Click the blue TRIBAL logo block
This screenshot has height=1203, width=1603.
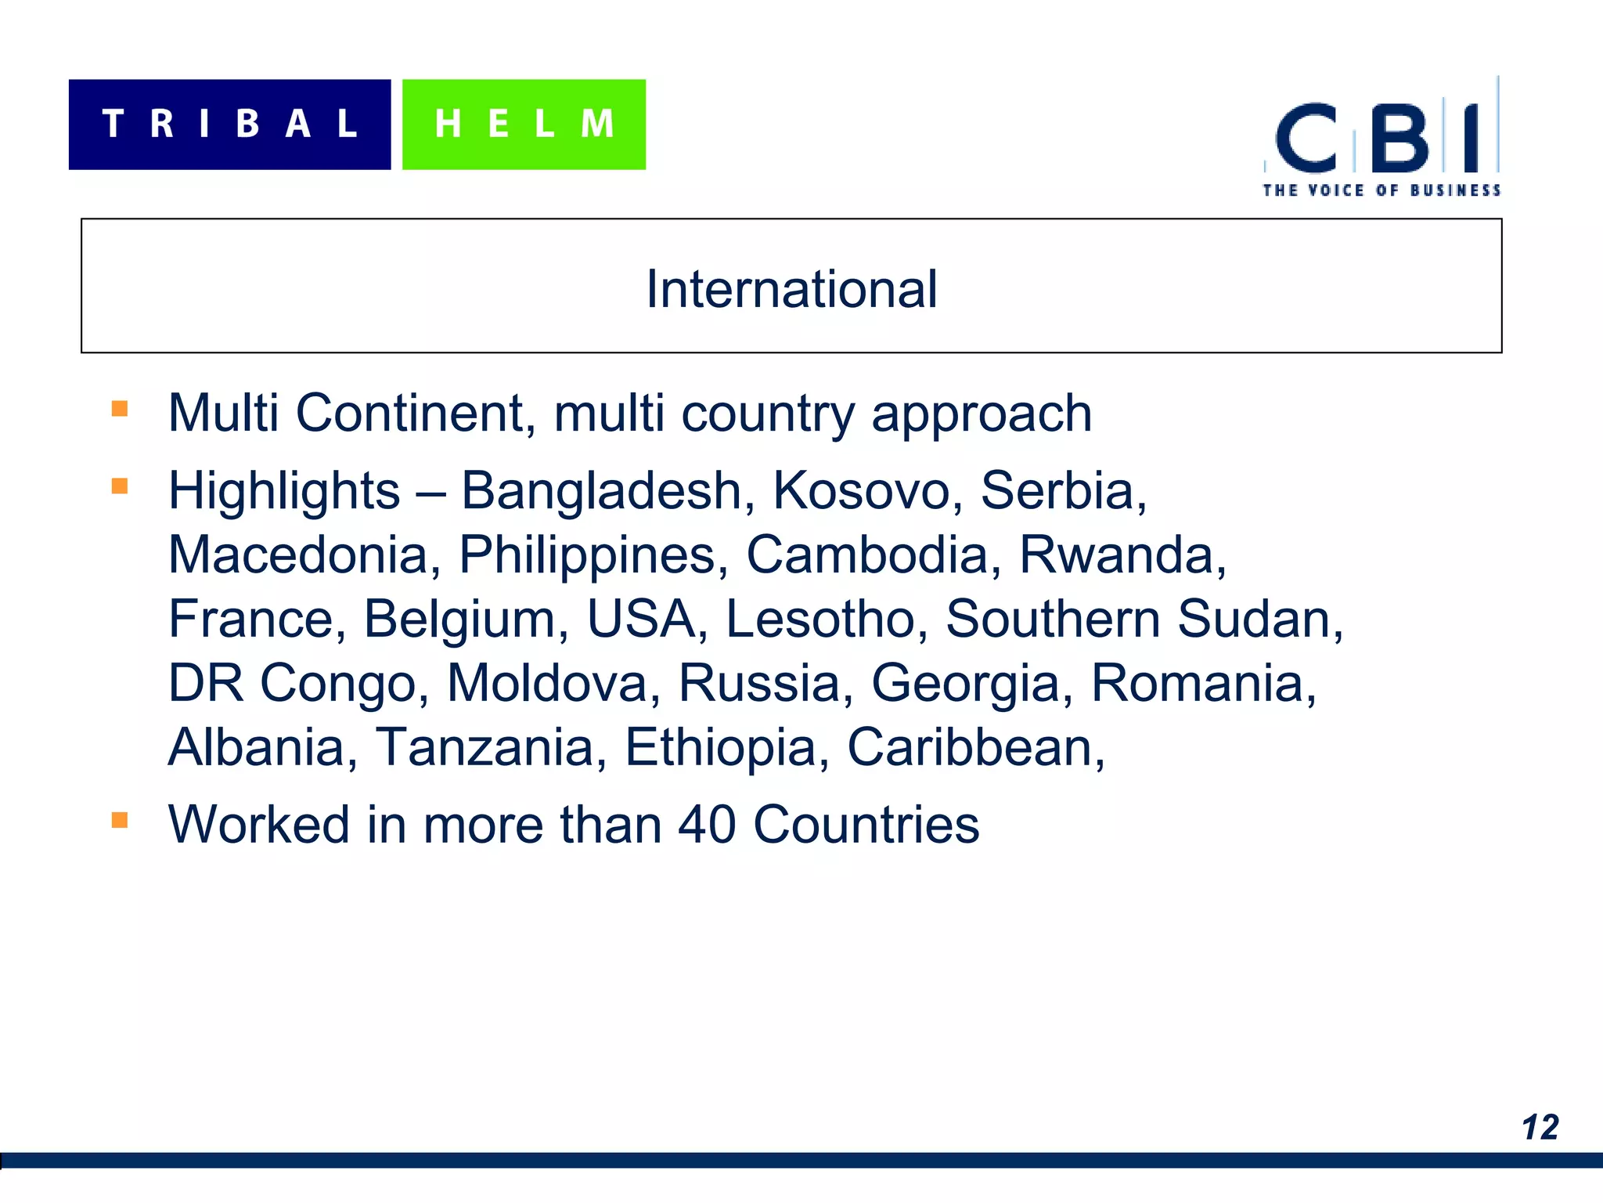click(229, 125)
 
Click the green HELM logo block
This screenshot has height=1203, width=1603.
click(524, 125)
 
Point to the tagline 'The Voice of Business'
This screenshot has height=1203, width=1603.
click(1381, 190)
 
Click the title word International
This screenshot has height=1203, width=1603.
click(791, 289)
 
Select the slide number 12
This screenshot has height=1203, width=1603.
click(1540, 1128)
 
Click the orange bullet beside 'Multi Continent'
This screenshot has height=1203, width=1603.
click(120, 409)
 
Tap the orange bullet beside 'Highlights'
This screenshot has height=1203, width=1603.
click(120, 486)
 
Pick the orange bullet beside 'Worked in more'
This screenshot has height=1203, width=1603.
click(120, 820)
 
